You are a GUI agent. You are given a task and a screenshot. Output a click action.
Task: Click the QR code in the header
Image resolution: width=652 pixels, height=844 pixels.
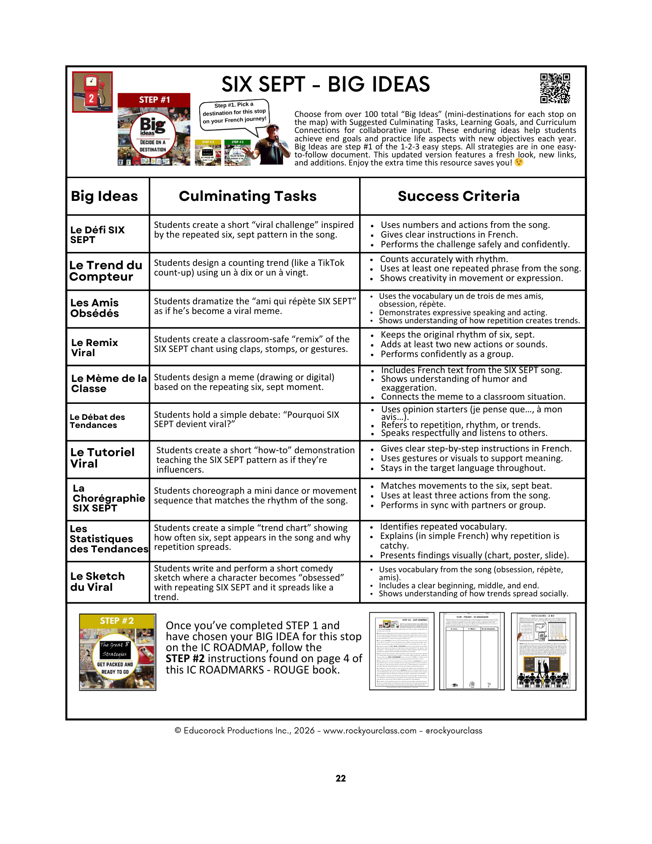click(x=555, y=88)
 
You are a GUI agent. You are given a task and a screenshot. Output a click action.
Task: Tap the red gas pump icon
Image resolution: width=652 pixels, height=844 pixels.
click(x=92, y=92)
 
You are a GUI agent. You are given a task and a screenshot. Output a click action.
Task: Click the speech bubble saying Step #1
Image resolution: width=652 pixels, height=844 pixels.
click(x=234, y=113)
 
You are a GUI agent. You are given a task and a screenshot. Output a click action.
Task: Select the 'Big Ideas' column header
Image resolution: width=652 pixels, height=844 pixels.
click(x=104, y=196)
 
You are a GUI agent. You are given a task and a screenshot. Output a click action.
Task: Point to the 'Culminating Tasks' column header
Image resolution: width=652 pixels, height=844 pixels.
click(x=248, y=196)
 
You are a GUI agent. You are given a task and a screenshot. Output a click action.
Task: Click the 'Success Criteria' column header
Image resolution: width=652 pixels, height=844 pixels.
click(x=459, y=196)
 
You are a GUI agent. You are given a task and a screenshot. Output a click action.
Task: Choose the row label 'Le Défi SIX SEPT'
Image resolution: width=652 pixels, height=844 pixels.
click(x=97, y=235)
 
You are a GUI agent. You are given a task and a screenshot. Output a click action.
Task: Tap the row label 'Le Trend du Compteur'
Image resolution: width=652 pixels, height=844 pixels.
click(x=106, y=271)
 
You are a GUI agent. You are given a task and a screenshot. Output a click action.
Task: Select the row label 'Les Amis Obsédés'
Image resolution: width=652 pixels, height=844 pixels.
click(x=95, y=308)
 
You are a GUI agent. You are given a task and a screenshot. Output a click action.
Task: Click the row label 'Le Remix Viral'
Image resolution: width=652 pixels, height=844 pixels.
click(x=95, y=347)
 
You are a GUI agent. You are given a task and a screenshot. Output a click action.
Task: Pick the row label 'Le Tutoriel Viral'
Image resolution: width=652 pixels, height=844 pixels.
click(x=102, y=458)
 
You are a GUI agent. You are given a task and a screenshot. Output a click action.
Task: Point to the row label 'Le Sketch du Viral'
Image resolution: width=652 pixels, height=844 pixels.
click(x=97, y=582)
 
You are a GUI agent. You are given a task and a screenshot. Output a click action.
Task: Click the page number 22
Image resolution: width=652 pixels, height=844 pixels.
click(x=341, y=779)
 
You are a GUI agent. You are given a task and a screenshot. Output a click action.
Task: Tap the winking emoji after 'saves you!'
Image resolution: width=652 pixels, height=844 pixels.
click(x=519, y=162)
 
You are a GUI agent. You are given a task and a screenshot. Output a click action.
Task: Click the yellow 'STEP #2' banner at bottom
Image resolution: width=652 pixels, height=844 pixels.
click(x=117, y=621)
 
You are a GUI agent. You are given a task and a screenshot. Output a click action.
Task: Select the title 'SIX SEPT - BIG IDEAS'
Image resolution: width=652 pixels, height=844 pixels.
click(x=325, y=84)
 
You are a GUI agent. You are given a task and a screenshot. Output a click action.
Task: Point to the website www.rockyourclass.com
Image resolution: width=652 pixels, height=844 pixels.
click(x=370, y=730)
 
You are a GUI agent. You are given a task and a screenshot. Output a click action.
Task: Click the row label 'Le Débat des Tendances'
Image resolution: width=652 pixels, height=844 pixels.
click(x=97, y=421)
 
